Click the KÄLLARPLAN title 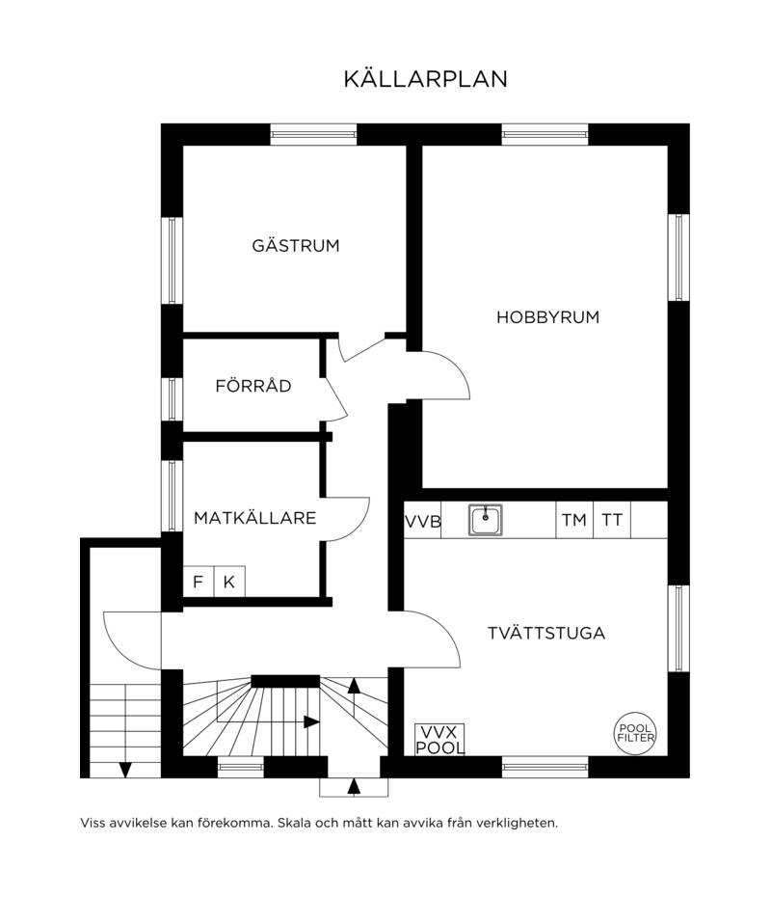[425, 79]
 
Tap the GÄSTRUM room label [296, 245]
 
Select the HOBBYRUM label [547, 317]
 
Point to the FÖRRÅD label [253, 385]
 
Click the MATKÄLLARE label [254, 517]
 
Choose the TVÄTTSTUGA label [546, 633]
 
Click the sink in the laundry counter [485, 520]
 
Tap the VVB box [423, 521]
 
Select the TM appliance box [574, 520]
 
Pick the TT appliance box [612, 520]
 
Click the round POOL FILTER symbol [635, 733]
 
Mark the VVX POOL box [439, 740]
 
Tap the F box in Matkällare [199, 582]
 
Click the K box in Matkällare [229, 582]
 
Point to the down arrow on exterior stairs [125, 770]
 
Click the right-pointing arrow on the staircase [311, 722]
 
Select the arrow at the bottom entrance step [355, 787]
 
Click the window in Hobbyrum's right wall [678, 258]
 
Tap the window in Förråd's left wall [172, 398]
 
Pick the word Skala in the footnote [295, 823]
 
